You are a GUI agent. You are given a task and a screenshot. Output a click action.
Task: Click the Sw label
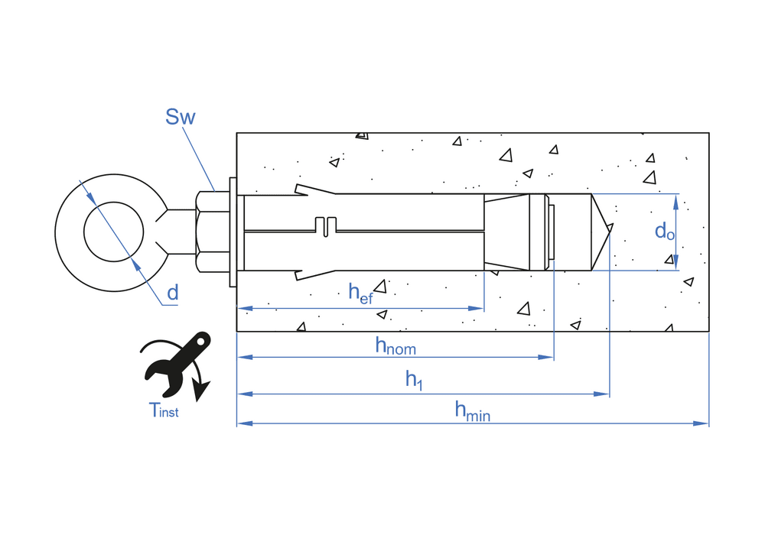coord(181,117)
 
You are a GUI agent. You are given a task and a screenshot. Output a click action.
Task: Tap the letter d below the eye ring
coord(172,292)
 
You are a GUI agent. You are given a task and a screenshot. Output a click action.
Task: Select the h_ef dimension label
coord(360,293)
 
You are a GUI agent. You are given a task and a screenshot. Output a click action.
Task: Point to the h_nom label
coord(395,345)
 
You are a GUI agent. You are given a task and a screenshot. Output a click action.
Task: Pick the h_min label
coord(472,412)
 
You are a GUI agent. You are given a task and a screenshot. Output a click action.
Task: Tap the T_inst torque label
coord(164,410)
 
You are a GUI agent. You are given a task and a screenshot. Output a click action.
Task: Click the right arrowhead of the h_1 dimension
coord(604,394)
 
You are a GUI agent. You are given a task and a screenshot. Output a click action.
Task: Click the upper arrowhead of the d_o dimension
coord(676,200)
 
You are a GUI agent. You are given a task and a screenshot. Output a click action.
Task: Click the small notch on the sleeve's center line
coord(326,226)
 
